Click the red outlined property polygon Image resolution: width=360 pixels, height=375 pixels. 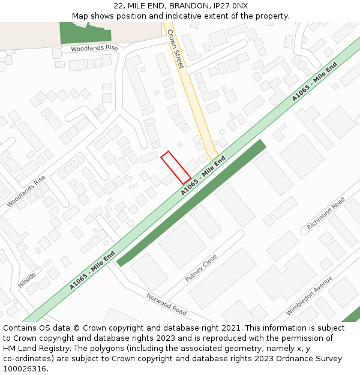point(176,167)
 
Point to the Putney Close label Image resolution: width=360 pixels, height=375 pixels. point(202,268)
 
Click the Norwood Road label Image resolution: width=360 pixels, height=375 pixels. point(167,304)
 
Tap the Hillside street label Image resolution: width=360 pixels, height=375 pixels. point(27,280)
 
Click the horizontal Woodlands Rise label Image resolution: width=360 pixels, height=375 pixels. point(94,48)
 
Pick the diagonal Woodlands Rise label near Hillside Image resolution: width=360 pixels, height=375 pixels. point(26,191)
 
